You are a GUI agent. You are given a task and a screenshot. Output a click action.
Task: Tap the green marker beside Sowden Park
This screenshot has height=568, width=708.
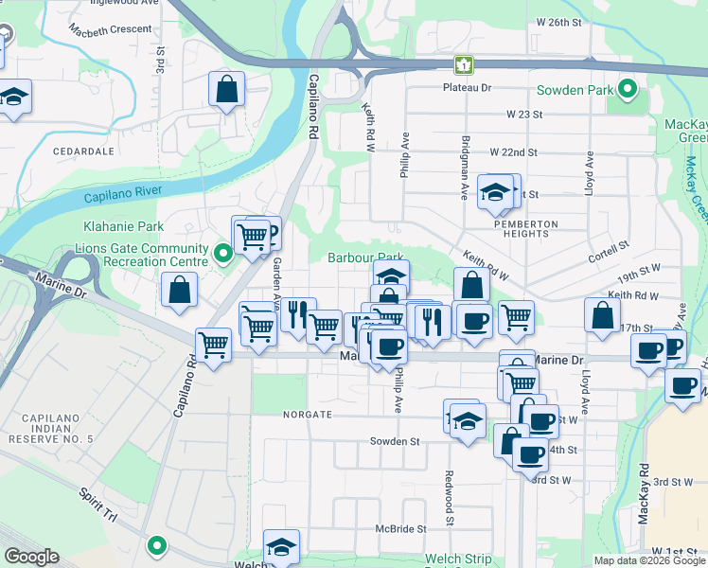(x=628, y=91)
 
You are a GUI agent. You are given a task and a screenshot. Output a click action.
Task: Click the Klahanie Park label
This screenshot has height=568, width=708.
(x=122, y=226)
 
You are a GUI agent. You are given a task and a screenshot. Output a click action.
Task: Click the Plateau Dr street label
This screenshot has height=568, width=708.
(x=468, y=88)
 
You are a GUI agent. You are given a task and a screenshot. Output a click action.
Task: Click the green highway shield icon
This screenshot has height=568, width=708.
(x=463, y=64)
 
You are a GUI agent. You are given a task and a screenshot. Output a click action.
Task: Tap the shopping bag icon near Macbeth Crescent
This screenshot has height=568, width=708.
(x=228, y=92)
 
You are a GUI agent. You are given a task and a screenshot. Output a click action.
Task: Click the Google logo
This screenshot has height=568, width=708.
(x=31, y=557)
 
